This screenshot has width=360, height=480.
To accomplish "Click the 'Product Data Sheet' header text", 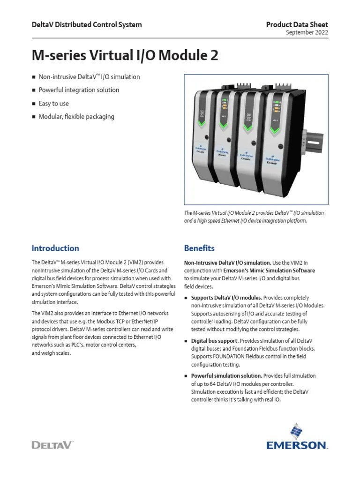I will click(x=297, y=24).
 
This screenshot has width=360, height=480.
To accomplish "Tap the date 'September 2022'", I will click(x=307, y=32).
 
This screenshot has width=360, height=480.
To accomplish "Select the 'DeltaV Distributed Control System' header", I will click(x=86, y=24).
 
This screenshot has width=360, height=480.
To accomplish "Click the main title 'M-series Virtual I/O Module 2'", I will click(x=125, y=55).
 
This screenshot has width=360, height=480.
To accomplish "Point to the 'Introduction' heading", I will click(x=55, y=248).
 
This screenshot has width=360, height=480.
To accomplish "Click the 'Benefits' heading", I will click(x=199, y=248).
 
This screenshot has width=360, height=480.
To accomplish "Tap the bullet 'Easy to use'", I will click(x=53, y=103).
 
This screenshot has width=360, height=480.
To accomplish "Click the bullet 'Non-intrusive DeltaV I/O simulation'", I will click(x=89, y=76).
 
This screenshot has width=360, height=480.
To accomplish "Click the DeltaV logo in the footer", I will click(x=52, y=445).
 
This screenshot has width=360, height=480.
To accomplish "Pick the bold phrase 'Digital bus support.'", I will click(x=215, y=341).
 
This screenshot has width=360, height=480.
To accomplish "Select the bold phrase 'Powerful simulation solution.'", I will click(x=226, y=375).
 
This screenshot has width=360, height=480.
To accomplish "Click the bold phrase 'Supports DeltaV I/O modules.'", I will click(x=226, y=298).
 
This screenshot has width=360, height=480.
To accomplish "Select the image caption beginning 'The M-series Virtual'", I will click(x=254, y=216).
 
